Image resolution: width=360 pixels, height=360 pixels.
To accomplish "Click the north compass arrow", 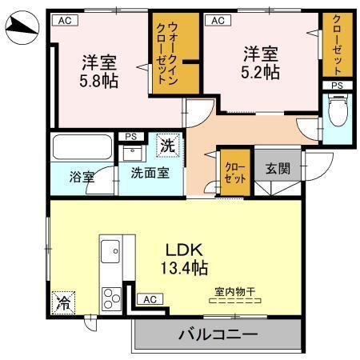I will [x=22, y=30].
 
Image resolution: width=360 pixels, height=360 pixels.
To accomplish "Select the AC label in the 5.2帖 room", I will [x=215, y=22].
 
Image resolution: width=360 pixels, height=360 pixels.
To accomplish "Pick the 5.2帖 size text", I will [x=261, y=72].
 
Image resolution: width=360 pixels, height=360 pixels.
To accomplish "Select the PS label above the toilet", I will [x=336, y=85].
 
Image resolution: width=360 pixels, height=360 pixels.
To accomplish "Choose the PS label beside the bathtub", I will [x=130, y=137].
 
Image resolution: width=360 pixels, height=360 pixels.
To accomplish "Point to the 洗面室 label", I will [x=150, y=172].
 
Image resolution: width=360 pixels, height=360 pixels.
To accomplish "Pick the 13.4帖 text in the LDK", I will [x=187, y=266].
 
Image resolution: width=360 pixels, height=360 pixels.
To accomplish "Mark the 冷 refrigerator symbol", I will [x=62, y=302].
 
